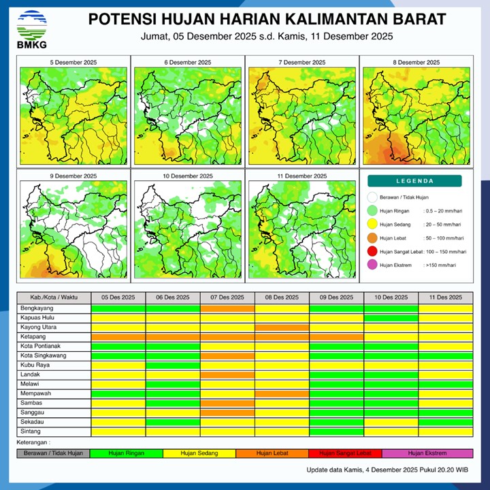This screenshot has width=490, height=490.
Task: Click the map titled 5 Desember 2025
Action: (73, 112)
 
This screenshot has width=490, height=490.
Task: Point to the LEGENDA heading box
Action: (414, 181)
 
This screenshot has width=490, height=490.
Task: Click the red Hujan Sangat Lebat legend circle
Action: (372, 252)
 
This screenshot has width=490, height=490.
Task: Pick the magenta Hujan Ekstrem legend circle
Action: (372, 265)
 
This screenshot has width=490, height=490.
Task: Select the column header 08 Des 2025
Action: (282, 297)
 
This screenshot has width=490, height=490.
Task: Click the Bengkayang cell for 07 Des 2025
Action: (227, 308)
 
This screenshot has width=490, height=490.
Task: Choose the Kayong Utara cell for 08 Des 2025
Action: (282, 327)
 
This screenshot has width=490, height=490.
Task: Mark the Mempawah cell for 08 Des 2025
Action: (282, 393)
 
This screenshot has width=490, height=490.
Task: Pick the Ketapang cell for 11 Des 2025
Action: (445, 337)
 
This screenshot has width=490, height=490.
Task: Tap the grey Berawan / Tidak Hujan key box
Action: (53, 453)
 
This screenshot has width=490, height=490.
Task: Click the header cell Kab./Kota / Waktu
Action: (54, 297)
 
